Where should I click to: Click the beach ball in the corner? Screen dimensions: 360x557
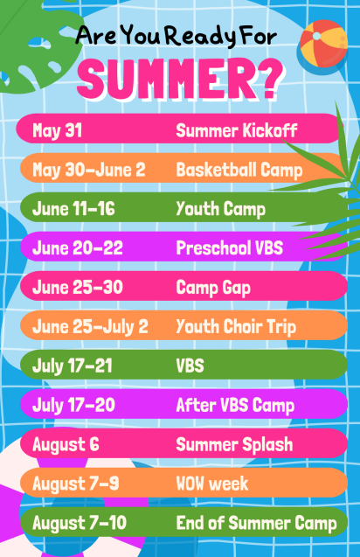323,44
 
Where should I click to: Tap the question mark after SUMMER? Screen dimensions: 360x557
269,79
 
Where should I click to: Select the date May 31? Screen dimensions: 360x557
57,131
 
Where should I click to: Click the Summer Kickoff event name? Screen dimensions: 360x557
237,130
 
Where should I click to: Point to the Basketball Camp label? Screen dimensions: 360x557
239,171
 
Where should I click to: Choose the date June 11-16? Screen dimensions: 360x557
73,208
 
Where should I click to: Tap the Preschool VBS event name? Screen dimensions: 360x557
229,247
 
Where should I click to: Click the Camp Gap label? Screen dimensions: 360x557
213,288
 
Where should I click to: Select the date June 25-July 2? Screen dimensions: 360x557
90,327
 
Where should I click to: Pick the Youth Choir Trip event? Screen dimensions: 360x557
236,327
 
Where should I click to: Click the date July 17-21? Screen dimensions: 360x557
72,366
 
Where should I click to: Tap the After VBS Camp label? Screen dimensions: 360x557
235,406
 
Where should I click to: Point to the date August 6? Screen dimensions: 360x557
66,445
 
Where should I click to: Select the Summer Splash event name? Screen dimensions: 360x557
234,445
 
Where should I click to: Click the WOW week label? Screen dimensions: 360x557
212,484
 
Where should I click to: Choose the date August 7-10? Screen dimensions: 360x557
80,523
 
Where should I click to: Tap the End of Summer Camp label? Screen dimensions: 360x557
256,523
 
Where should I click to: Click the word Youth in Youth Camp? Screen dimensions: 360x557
197,208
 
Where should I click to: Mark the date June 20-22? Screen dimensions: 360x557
78,248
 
